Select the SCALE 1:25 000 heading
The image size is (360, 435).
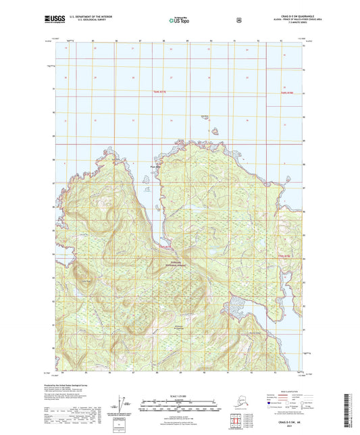pyautogui.click(x=180, y=394)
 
